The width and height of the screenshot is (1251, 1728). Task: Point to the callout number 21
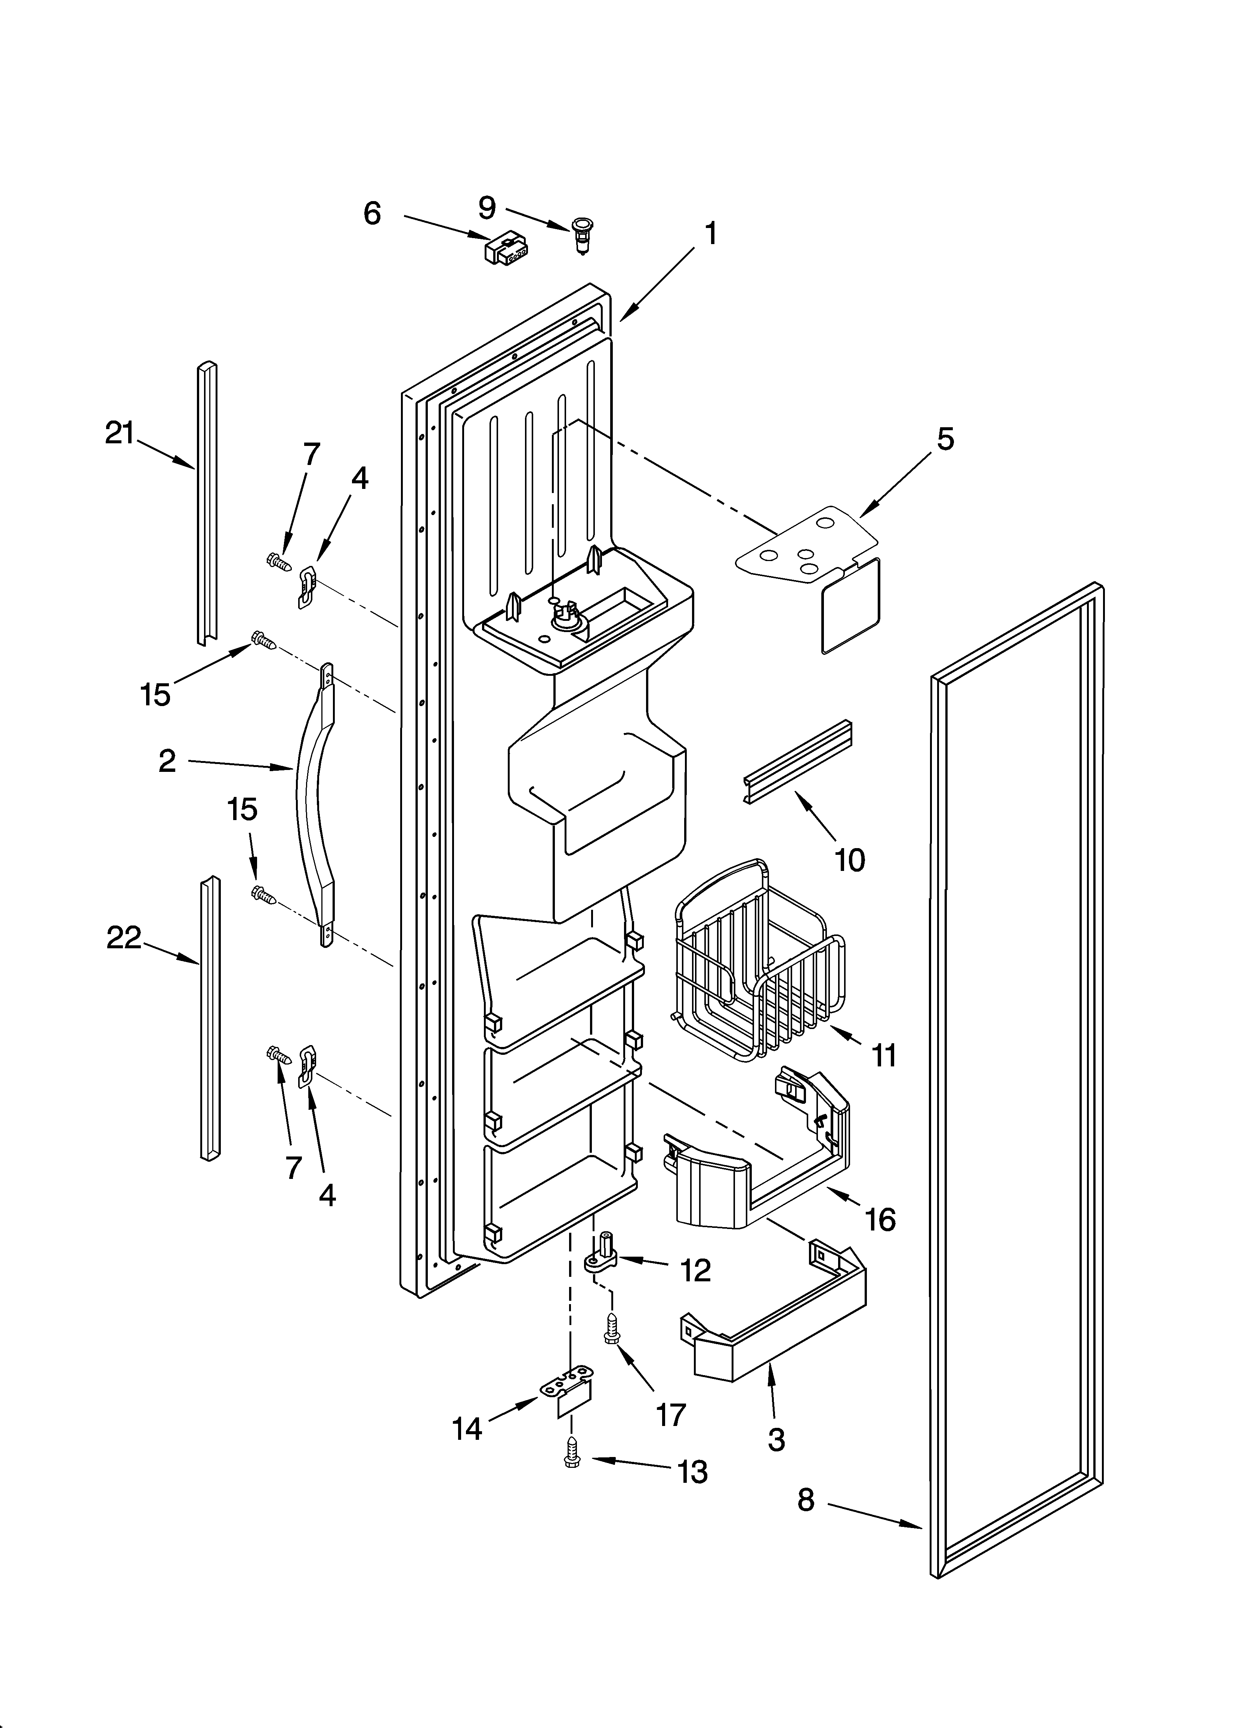click(x=120, y=434)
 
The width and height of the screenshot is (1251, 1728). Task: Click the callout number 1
click(x=710, y=233)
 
